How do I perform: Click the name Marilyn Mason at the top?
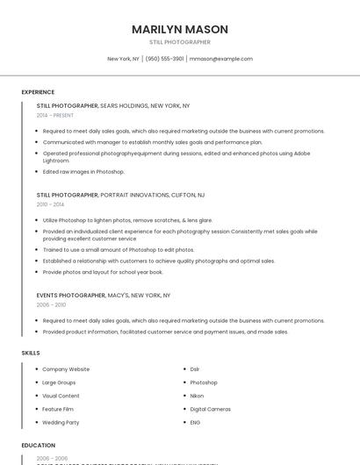coord(179,29)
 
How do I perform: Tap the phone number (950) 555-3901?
coord(165,59)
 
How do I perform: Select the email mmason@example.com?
coord(221,59)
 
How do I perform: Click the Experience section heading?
coord(38,92)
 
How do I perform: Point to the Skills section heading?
coord(31,353)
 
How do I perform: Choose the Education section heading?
coord(39,446)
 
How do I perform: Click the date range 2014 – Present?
coord(55,115)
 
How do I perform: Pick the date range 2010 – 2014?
coord(50,204)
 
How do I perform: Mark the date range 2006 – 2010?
coord(51,304)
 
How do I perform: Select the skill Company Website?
coord(66,369)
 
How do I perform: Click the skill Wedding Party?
coord(61,422)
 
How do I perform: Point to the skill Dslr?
coord(195,369)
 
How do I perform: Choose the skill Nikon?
coord(197,396)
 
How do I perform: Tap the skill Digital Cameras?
coord(210,409)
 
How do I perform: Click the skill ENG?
coord(195,422)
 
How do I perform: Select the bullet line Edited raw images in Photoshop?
coord(83,171)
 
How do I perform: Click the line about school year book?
coord(102,272)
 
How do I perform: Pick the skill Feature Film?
coord(58,409)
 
